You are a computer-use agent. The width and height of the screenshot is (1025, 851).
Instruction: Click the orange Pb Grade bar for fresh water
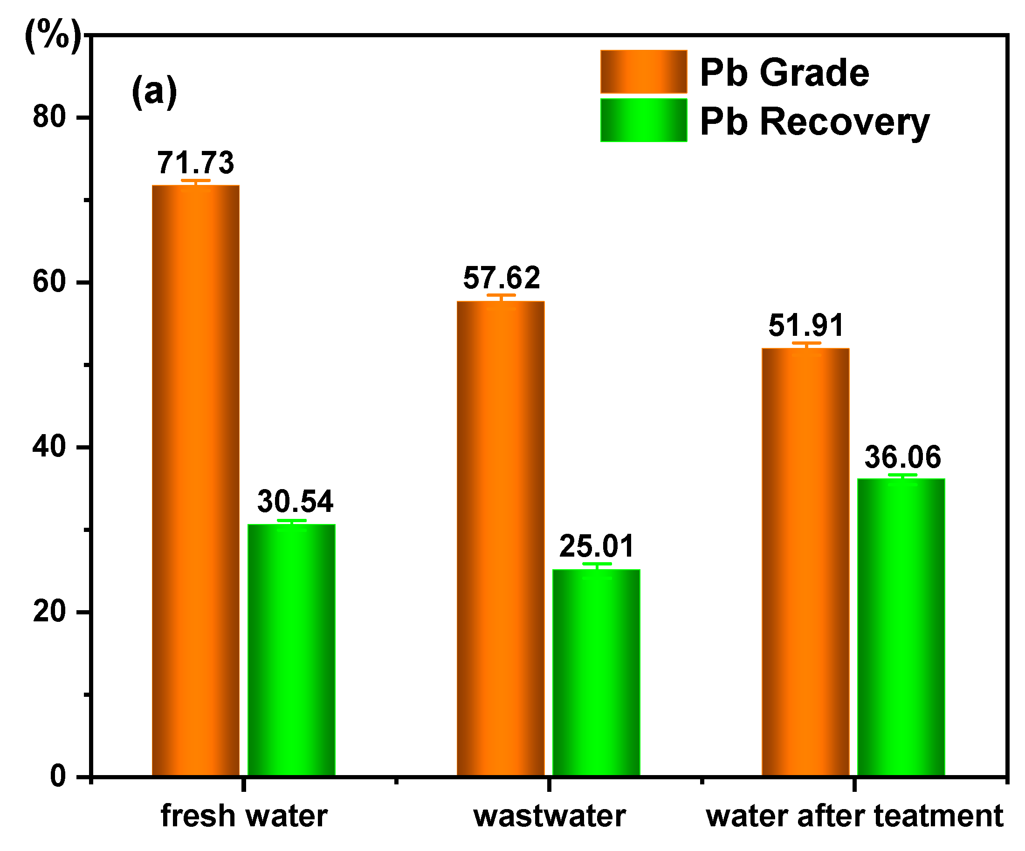click(196, 480)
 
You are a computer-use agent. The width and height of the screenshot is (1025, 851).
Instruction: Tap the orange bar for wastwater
click(501, 538)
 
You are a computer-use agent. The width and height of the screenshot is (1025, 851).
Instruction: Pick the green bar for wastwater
click(596, 673)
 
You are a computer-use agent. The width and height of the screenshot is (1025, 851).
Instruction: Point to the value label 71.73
click(196, 163)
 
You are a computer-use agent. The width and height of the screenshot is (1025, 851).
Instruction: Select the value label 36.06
click(902, 457)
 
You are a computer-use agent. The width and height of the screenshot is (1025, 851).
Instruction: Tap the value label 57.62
click(501, 278)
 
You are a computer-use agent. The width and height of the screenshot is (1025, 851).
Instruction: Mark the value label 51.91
click(806, 325)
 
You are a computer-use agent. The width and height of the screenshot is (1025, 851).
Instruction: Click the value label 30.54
click(296, 501)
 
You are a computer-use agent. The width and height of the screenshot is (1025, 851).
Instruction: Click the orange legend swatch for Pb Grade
click(644, 72)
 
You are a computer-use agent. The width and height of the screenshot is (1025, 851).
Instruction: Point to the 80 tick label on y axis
click(49, 117)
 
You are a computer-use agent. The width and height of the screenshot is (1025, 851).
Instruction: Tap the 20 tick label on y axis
click(49, 611)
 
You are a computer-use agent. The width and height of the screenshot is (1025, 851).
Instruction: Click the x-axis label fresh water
click(244, 816)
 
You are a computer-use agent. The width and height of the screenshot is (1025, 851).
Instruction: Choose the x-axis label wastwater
click(550, 816)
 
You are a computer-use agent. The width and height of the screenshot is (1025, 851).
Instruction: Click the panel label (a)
click(154, 91)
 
